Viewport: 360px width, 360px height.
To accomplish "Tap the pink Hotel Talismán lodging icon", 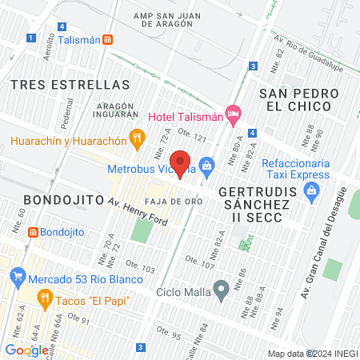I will pos(233,114).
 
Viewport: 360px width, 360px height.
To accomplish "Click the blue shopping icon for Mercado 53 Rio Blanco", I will pos(17,278).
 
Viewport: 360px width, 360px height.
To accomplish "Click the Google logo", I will pos(26,349).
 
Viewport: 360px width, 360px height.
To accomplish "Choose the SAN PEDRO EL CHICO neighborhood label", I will pos(296,100).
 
